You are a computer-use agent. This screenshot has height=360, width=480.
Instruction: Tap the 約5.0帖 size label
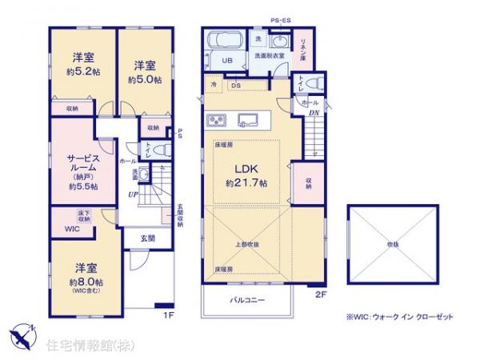point(144,80)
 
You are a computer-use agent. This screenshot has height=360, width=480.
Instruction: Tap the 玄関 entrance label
point(149,238)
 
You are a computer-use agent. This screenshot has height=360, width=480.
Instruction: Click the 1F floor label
point(168,314)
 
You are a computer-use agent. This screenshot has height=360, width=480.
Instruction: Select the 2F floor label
point(321,294)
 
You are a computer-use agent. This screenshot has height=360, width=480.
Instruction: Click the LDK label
point(246,169)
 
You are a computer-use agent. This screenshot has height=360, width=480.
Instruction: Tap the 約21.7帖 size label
point(246,183)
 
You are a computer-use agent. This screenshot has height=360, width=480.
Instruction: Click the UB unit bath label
point(226,60)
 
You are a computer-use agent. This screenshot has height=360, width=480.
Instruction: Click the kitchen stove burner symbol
point(217,120)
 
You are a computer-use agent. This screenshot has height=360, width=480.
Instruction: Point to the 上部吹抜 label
point(246,243)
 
